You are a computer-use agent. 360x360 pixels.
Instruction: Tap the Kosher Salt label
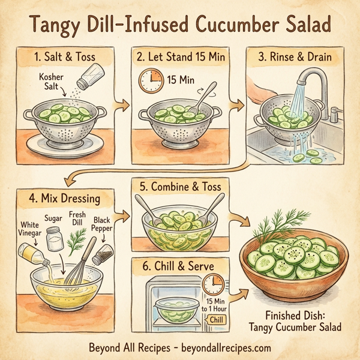[51, 83]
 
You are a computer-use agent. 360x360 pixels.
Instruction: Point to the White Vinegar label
[26, 230]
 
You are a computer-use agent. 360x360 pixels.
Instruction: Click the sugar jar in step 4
[55, 238]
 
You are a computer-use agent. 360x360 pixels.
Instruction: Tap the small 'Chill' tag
[217, 320]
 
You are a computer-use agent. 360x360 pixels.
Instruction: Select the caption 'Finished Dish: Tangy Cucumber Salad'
[294, 322]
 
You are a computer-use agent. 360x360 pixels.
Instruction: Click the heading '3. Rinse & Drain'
[295, 59]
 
